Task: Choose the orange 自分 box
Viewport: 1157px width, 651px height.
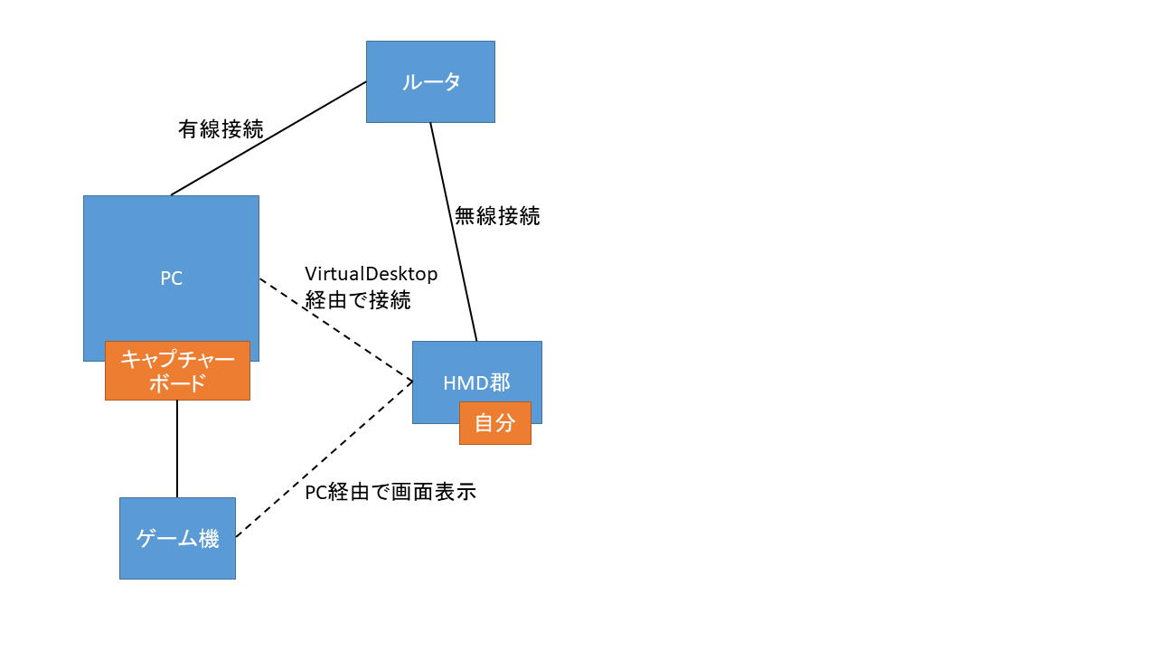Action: (494, 423)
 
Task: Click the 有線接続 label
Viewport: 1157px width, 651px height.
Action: (221, 129)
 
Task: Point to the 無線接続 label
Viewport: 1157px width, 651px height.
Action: (497, 216)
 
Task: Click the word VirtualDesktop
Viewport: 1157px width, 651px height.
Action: (371, 273)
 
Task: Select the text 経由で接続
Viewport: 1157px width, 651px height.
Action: (358, 300)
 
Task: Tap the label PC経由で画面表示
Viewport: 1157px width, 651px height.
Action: (390, 493)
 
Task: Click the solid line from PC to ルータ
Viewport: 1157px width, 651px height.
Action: (268, 138)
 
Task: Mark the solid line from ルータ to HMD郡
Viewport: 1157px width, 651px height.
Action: (453, 231)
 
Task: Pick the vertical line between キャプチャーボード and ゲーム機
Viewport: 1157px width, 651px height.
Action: (177, 448)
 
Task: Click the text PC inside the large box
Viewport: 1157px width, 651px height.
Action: (171, 278)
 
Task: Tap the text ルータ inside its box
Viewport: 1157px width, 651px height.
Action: (430, 82)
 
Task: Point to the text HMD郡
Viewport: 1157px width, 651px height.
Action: (476, 382)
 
